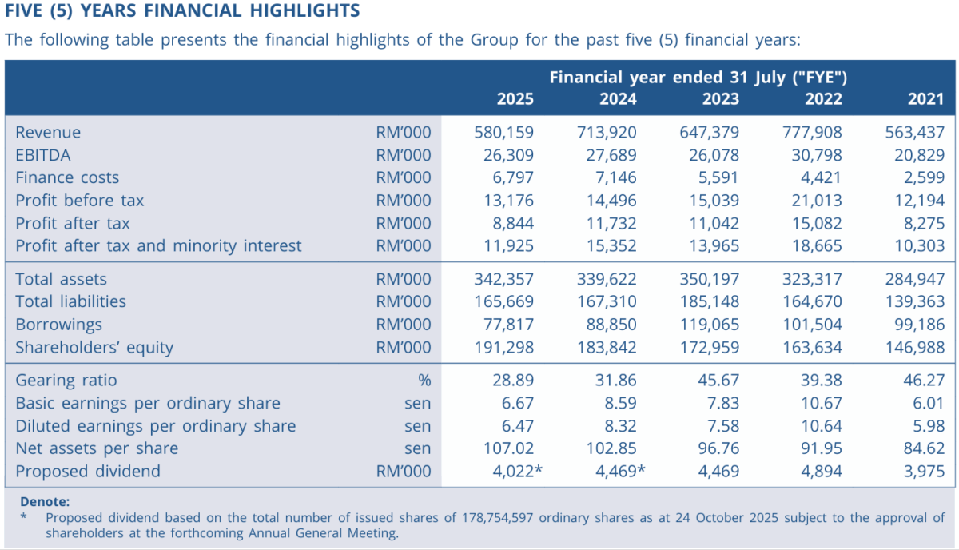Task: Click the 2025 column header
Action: tap(515, 99)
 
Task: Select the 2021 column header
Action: tap(926, 99)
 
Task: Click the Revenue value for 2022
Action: tap(812, 133)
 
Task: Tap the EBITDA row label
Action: tap(43, 156)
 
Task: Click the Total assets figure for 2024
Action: tap(607, 279)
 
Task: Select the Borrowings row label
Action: tap(58, 325)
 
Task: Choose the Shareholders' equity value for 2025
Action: tap(503, 347)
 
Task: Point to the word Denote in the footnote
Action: tap(44, 502)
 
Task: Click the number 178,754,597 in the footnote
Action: tap(498, 517)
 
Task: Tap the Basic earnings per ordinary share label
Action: tap(148, 403)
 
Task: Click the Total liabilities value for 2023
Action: tap(709, 301)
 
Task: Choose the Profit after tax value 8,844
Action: tap(511, 223)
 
